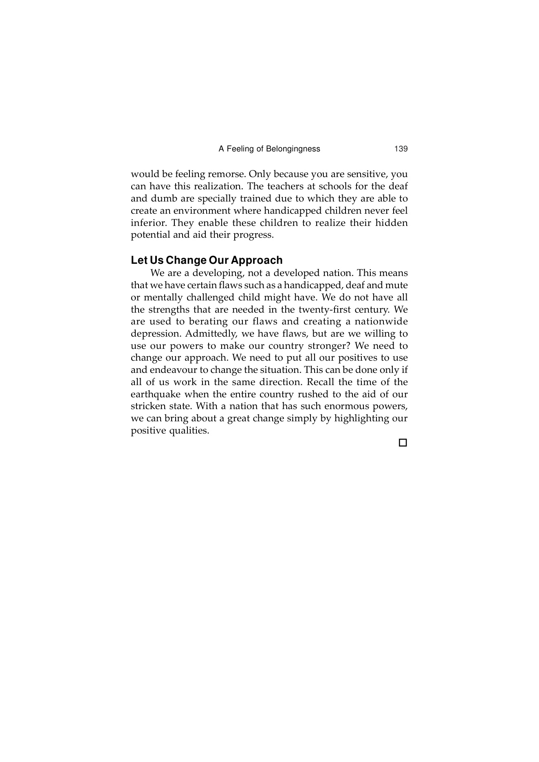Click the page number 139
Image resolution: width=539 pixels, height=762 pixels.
tap(401, 149)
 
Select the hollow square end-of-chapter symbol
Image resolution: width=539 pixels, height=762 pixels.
tap(403, 442)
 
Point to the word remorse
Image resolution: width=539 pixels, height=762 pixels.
tap(227, 174)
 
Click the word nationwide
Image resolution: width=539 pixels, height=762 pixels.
tap(381, 322)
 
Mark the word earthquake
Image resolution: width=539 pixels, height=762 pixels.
tap(155, 394)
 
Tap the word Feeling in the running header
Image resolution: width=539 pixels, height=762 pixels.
tap(240, 149)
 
